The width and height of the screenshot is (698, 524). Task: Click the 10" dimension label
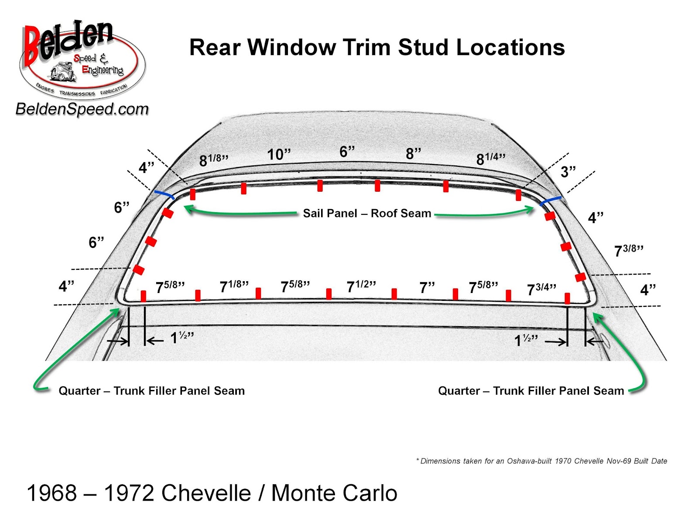coord(279,154)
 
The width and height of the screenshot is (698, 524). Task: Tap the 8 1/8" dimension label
coord(213,160)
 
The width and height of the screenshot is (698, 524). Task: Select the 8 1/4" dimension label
coord(490,159)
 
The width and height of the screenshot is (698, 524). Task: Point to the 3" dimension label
coord(568,172)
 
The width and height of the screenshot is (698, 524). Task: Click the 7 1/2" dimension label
coord(361,286)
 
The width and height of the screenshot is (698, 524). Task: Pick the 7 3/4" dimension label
coord(541,289)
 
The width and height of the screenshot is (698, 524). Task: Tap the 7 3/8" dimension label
coord(629,251)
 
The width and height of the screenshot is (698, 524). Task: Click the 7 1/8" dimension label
coord(234,286)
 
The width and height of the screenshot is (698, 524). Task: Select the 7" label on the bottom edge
coord(427,287)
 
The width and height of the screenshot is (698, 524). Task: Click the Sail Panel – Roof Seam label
coord(367,213)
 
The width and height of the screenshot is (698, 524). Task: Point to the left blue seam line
coord(164,195)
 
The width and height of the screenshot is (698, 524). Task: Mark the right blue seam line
coord(551,201)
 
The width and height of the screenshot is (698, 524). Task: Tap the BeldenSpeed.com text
coord(82,109)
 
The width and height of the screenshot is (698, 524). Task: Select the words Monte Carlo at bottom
coord(334,493)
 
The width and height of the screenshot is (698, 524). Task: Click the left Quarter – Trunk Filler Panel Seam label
coord(151,390)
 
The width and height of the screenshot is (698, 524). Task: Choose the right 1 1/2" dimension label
coord(526,340)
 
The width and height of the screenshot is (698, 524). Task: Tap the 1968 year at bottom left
coord(52,493)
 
